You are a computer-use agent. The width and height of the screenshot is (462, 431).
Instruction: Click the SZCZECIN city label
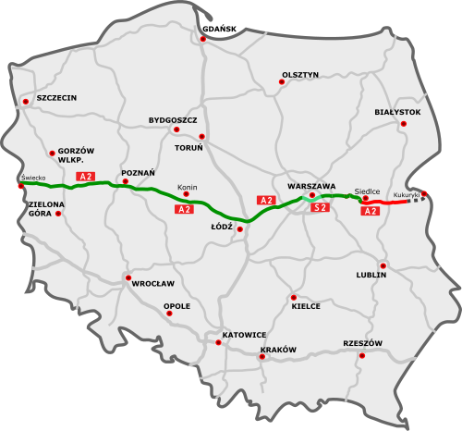click(x=56, y=97)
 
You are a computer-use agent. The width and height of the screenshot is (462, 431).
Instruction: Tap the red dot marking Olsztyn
click(x=282, y=82)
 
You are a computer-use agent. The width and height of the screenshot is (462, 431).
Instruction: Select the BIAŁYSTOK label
click(x=397, y=112)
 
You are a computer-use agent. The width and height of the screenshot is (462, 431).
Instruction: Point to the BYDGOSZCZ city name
click(x=173, y=120)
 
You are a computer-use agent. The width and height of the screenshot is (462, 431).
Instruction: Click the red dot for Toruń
click(x=202, y=137)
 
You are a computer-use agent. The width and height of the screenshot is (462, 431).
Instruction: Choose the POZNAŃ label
click(x=138, y=172)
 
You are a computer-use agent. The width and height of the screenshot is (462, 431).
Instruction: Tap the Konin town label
click(x=188, y=187)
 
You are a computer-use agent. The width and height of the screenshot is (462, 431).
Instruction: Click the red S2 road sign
click(x=321, y=208)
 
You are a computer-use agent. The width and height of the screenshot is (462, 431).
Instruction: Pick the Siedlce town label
click(x=367, y=191)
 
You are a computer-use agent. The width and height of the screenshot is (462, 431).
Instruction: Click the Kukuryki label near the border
click(x=407, y=195)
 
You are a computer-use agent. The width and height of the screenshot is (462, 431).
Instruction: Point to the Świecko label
click(x=32, y=177)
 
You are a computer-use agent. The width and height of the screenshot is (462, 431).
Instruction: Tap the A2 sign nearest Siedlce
click(x=370, y=211)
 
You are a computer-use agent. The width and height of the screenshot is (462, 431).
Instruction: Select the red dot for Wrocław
click(x=128, y=277)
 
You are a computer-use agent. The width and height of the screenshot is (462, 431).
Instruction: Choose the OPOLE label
click(x=176, y=305)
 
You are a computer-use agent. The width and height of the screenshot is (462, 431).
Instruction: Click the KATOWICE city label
click(x=244, y=334)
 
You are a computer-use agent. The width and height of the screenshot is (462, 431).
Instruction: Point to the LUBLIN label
click(x=370, y=275)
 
